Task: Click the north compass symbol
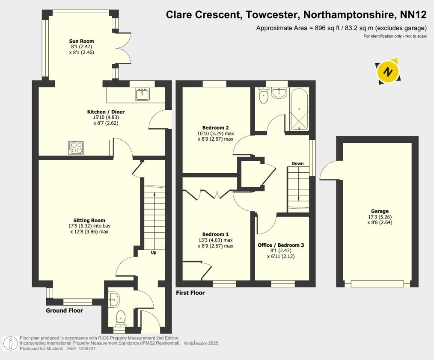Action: pos(388,71)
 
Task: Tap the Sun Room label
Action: pos(81,41)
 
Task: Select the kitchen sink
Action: pos(142,94)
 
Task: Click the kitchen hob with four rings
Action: pos(76,148)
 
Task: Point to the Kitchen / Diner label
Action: pos(106,112)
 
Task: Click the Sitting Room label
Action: pos(89,221)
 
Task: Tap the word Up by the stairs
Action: pos(153,252)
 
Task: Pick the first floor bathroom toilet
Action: pos(263,97)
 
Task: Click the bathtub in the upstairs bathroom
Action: pos(299,109)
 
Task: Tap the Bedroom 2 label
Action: pos(216,127)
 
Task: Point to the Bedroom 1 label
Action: pos(215,234)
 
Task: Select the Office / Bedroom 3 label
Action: pos(281,245)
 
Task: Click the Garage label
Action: pos(380,211)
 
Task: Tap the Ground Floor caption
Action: pos(64,310)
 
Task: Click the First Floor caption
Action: pos(190,293)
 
